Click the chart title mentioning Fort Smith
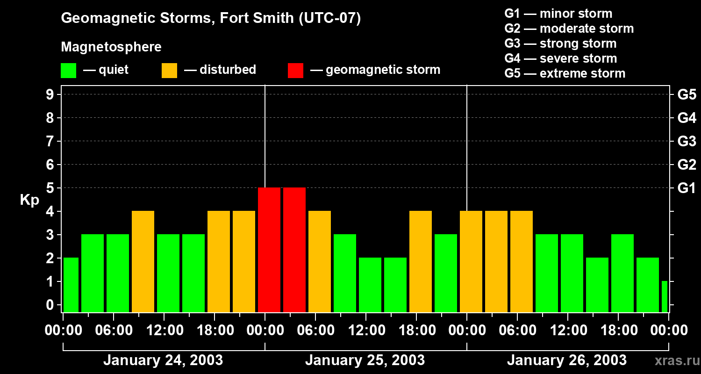(x=211, y=19)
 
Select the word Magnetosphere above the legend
(x=111, y=47)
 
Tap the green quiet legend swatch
(x=68, y=71)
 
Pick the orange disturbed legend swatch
(x=169, y=71)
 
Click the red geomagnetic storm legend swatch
(x=295, y=71)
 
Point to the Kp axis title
(x=29, y=200)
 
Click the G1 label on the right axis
(x=687, y=188)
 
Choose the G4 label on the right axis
(x=687, y=118)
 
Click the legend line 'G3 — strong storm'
(x=560, y=43)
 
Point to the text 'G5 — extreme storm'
(x=565, y=73)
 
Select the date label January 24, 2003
(x=163, y=360)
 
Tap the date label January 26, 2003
(x=566, y=360)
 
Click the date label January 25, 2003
(x=365, y=360)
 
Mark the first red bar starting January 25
(x=269, y=250)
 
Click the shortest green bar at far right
(x=664, y=296)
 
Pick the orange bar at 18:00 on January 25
(x=421, y=261)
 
